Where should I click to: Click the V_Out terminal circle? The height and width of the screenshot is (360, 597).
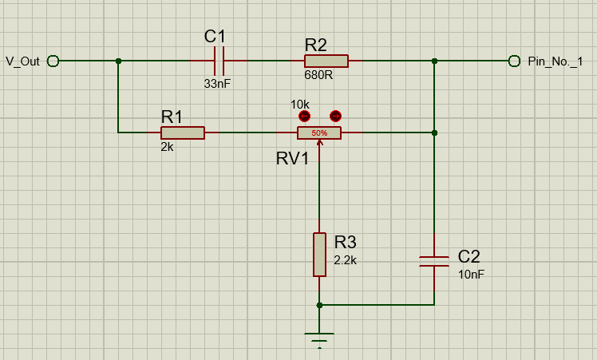[x=53, y=61]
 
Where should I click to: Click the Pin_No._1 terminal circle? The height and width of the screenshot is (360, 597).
[x=515, y=61]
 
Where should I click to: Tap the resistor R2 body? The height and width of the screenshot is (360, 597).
[x=326, y=61]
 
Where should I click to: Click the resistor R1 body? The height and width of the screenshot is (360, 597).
[x=183, y=133]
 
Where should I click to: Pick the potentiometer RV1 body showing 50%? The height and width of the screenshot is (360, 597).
[x=319, y=133]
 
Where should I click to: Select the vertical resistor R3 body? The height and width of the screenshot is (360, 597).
[x=319, y=255]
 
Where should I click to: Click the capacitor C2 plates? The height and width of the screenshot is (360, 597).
[x=434, y=262]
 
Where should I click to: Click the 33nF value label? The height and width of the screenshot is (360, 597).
[x=218, y=82]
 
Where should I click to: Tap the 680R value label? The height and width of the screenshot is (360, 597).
[x=319, y=75]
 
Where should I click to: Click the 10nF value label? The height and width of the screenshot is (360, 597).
[x=471, y=274]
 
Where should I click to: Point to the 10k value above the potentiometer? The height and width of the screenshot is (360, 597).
[x=300, y=105]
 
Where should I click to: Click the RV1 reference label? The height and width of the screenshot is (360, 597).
[x=292, y=158]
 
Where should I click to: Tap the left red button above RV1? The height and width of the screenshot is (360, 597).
[x=303, y=116]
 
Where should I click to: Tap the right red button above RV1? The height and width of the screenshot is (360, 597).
[x=335, y=116]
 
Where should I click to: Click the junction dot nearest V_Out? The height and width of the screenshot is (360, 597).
[x=118, y=61]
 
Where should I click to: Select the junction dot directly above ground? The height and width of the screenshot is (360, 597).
[x=319, y=305]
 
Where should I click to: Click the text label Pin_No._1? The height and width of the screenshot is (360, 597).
[x=555, y=61]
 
